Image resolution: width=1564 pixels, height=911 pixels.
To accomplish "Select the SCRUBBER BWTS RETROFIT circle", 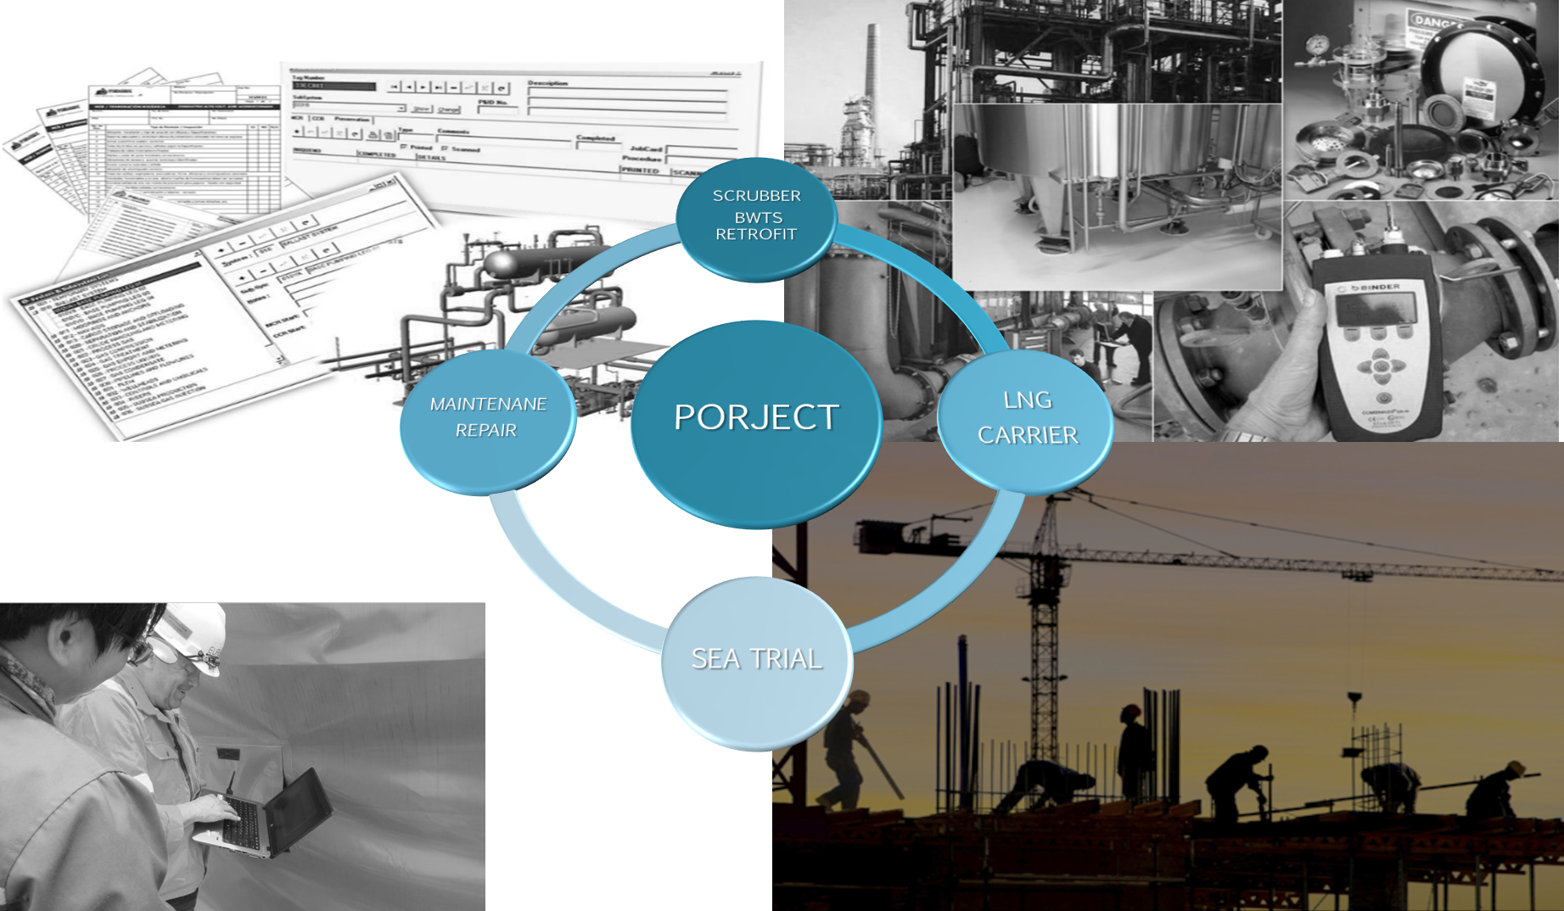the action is (756, 219).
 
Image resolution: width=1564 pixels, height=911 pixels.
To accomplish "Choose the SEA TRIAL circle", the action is (756, 662).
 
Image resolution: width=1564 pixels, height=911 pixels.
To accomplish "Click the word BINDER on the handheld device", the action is (1381, 288).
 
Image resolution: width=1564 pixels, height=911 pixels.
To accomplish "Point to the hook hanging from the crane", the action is (1354, 701).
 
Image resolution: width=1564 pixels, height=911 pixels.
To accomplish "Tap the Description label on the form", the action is (547, 83).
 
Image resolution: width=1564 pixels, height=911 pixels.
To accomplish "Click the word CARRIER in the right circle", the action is (1028, 435).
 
